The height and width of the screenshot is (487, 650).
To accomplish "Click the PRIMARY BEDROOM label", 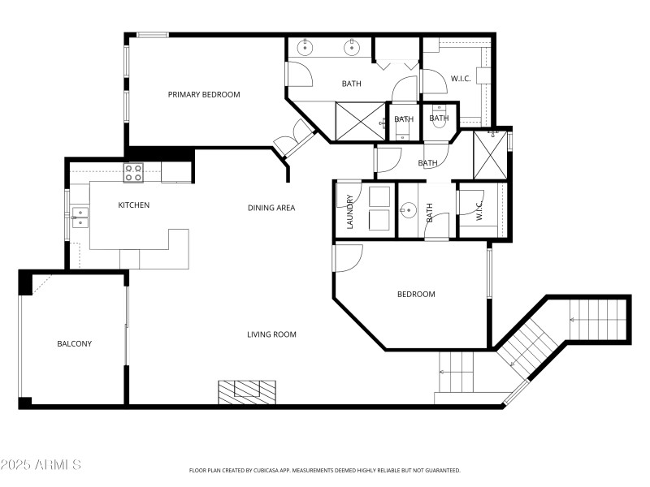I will click(204, 94).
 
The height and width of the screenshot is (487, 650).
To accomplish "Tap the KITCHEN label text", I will click(133, 205).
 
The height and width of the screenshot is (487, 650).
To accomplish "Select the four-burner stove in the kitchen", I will click(133, 172).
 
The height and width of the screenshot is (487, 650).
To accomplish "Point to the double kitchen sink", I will click(79, 215).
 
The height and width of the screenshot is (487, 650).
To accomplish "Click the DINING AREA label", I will click(271, 208).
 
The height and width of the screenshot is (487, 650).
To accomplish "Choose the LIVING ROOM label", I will click(271, 334).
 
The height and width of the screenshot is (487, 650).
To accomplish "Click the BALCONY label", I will click(74, 343).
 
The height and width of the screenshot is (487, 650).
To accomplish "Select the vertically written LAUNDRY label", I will click(350, 212).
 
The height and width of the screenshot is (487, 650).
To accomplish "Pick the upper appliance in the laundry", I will click(379, 197).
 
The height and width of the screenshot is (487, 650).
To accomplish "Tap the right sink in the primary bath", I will click(352, 47).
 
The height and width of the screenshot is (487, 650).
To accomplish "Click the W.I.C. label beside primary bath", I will click(461, 79).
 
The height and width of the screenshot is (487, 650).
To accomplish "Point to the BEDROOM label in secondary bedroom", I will click(415, 294).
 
